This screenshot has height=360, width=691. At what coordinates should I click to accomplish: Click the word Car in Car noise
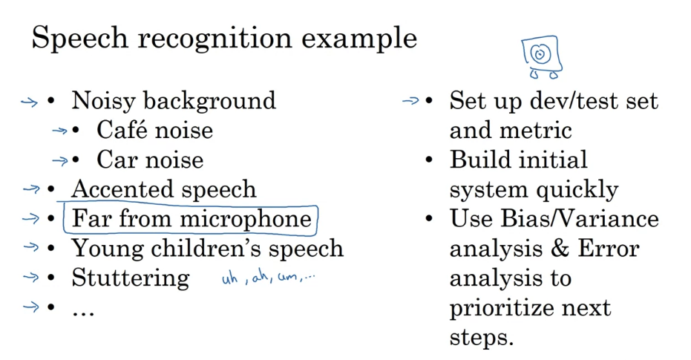(x=117, y=160)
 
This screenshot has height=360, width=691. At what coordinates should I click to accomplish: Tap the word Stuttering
(x=130, y=278)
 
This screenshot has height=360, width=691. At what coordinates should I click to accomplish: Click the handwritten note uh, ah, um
(x=268, y=280)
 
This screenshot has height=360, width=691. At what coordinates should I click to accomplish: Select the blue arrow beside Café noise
(x=59, y=131)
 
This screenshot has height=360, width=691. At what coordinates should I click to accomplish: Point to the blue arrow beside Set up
(x=410, y=100)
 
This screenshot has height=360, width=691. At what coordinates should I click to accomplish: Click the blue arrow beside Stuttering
(x=30, y=278)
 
